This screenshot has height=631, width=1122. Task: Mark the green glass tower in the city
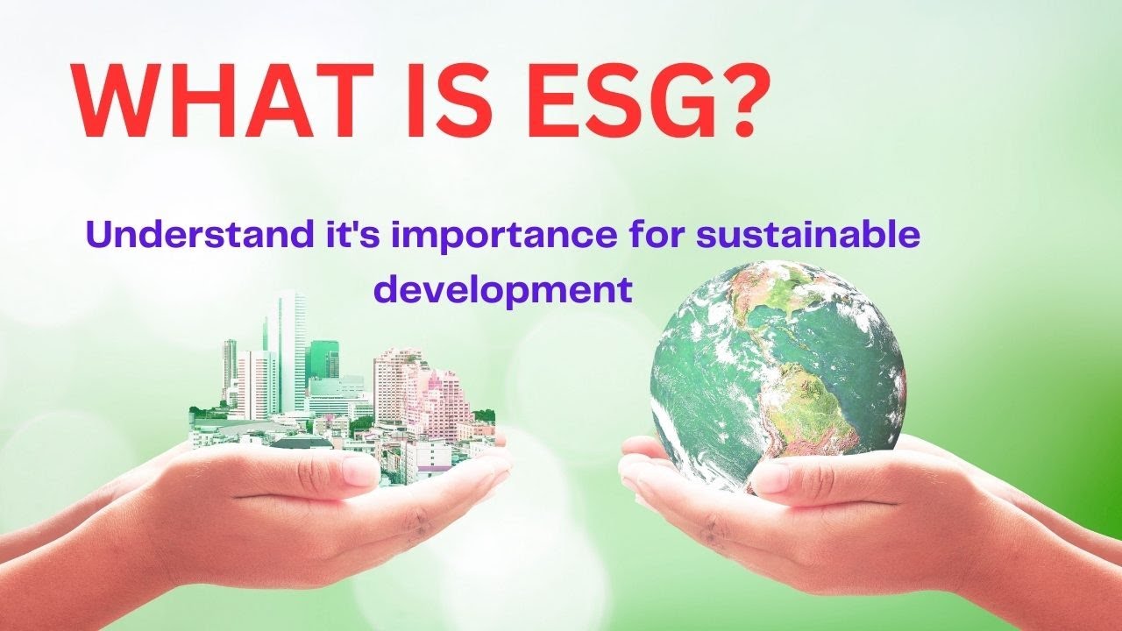pos(323,360)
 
